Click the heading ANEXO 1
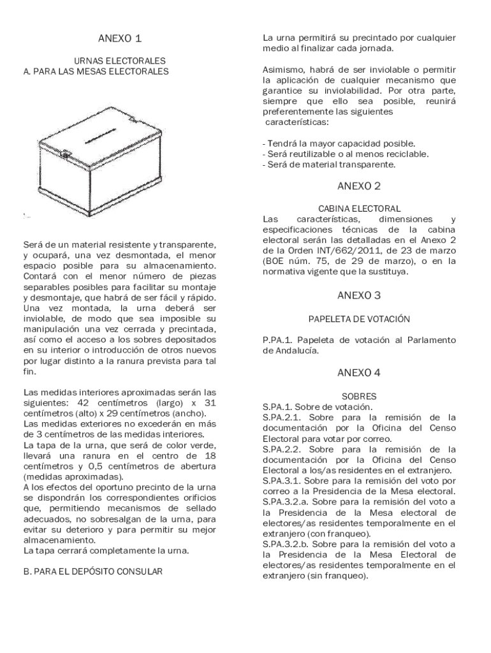[x=120, y=38]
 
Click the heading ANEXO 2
[x=359, y=186]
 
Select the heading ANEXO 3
[x=359, y=295]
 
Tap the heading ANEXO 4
[x=359, y=372]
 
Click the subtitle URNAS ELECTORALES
[x=120, y=61]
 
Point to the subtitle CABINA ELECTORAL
[x=359, y=209]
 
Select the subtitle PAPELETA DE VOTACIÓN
[x=359, y=318]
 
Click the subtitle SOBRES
[x=359, y=396]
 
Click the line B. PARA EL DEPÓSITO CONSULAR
[x=92, y=571]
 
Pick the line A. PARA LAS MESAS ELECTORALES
[x=96, y=71]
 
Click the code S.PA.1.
[x=278, y=406]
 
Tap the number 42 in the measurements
[x=83, y=403]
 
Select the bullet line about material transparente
[x=329, y=165]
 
